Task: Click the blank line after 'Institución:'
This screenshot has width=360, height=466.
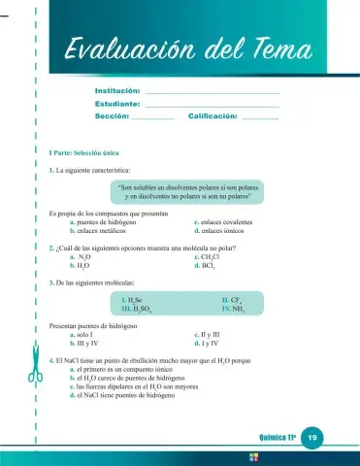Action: tap(211, 93)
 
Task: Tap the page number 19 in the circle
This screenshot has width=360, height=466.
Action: tap(312, 439)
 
